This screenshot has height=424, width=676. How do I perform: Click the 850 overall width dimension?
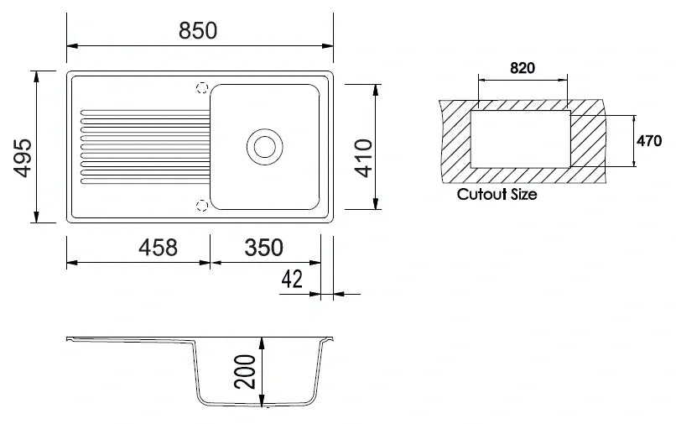click(x=198, y=30)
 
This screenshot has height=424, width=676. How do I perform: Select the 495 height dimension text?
click(x=23, y=157)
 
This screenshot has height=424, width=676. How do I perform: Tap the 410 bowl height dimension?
click(x=363, y=157)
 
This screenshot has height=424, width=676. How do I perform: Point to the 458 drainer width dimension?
click(x=158, y=248)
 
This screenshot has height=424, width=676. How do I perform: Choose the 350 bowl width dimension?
click(x=263, y=248)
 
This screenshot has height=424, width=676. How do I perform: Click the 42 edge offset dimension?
click(x=292, y=280)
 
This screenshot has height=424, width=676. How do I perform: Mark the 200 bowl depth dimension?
click(x=244, y=370)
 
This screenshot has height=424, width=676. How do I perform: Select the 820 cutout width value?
click(x=522, y=68)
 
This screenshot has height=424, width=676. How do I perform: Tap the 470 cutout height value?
click(x=649, y=141)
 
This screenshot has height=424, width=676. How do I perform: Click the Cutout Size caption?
click(x=497, y=195)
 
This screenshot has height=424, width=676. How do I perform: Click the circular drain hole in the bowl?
click(x=264, y=146)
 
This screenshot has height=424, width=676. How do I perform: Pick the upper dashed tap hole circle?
click(x=201, y=87)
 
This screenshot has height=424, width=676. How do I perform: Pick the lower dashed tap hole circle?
click(x=201, y=205)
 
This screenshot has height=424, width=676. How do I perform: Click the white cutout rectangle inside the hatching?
click(x=520, y=139)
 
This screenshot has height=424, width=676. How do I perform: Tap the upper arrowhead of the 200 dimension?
click(x=263, y=343)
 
